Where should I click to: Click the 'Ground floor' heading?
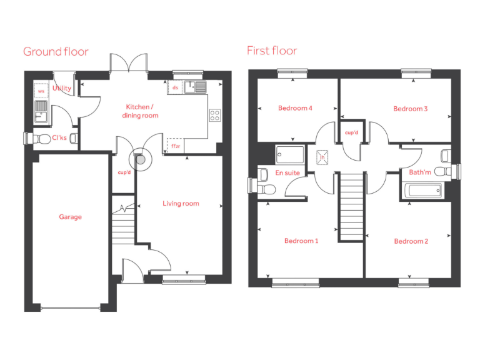[x=56, y=51]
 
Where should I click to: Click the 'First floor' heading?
[x=272, y=51]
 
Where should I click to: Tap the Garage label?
[x=71, y=217]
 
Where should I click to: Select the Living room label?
[x=181, y=203]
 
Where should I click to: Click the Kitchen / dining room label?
[x=142, y=111]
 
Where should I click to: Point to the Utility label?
[x=62, y=89]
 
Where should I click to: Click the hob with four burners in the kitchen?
[x=214, y=115]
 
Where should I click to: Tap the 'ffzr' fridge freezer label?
[x=175, y=146]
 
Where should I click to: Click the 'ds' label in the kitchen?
[x=175, y=88]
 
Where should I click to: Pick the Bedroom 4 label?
[x=295, y=108]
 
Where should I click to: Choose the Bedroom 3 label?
[x=410, y=109]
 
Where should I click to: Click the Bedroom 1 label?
[x=301, y=241]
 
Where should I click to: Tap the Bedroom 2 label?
[x=411, y=241]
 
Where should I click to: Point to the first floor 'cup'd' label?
[x=351, y=132]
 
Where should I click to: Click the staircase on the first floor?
[x=351, y=206]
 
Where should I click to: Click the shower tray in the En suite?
[x=289, y=154]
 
